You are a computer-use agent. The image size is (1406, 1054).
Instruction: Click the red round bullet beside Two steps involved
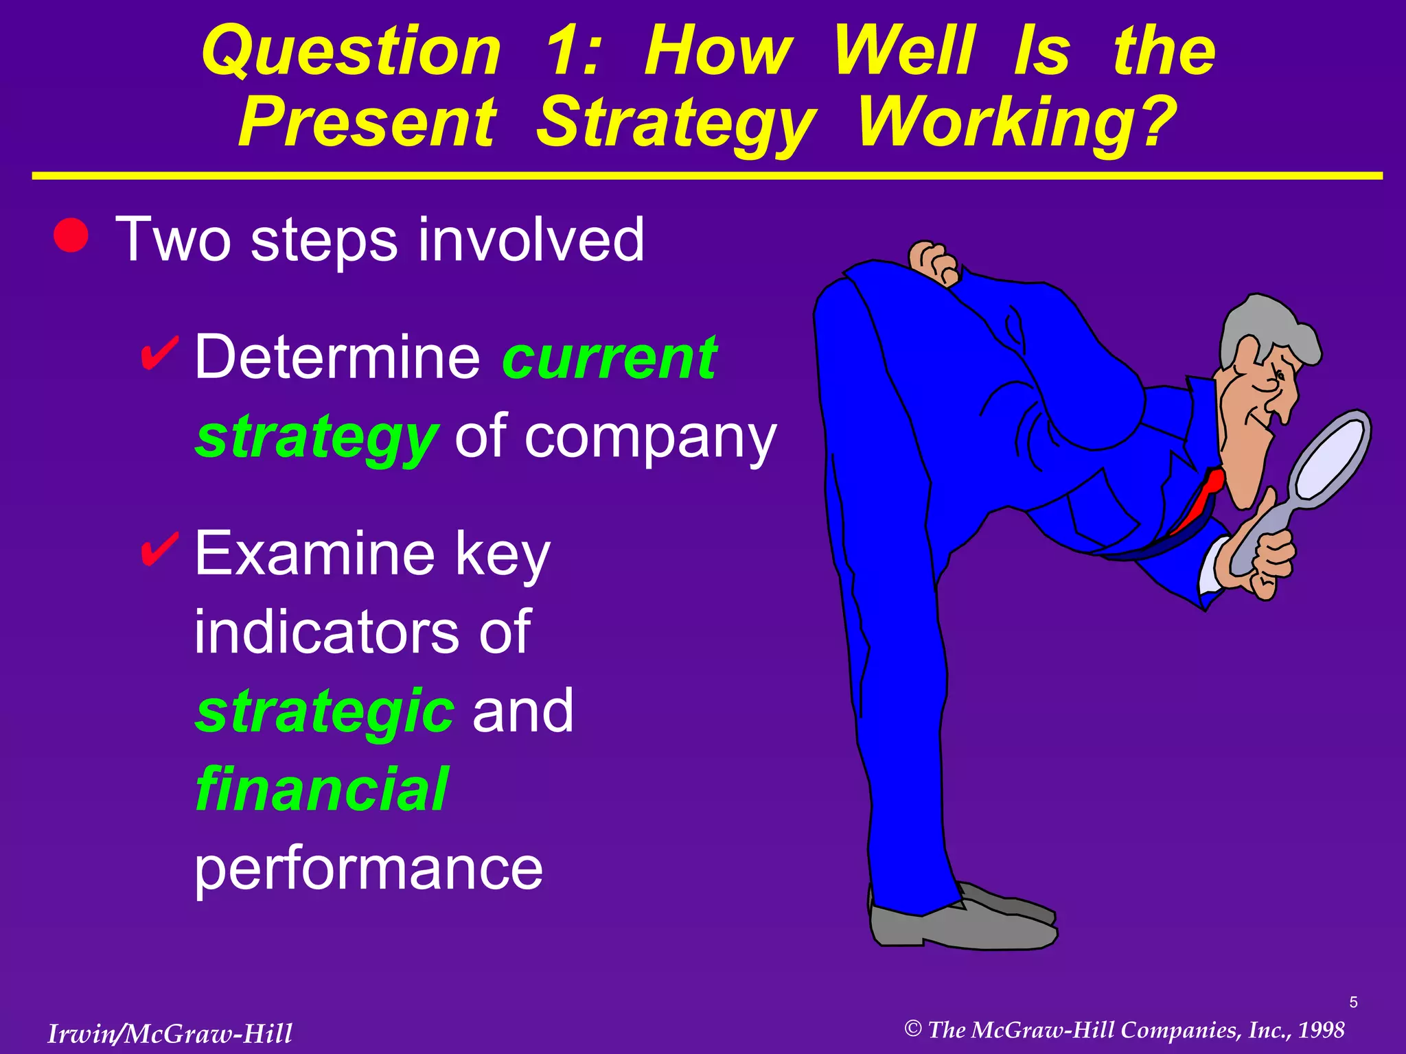coord(71,235)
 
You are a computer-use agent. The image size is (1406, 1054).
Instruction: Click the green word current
coord(610,358)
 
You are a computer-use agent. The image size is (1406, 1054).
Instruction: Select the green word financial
coord(321,790)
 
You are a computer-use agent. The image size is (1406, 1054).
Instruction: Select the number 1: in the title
coord(573,51)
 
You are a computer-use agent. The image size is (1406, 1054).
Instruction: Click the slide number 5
coord(1353,1003)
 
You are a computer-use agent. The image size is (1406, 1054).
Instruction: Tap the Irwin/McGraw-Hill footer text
coord(170,1033)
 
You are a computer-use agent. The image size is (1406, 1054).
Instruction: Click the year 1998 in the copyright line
coord(1321,1030)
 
